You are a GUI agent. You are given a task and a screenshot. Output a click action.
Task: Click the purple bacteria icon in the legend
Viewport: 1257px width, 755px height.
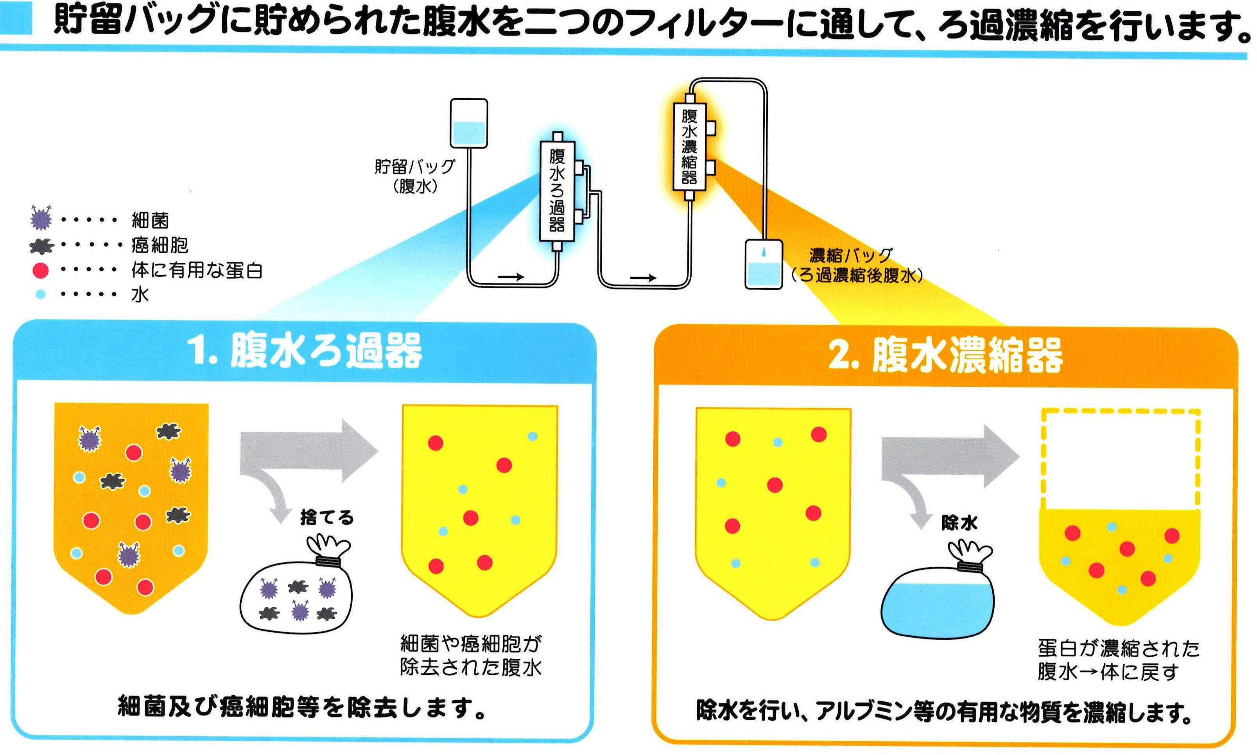(x=41, y=218)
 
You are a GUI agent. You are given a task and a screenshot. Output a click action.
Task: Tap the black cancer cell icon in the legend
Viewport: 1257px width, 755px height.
(x=41, y=246)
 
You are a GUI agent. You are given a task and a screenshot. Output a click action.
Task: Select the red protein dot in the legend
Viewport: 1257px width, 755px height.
(x=40, y=270)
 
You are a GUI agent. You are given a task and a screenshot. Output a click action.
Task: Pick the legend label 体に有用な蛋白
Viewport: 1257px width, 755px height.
(x=196, y=270)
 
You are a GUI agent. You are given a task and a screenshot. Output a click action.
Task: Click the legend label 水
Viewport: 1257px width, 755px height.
(x=140, y=294)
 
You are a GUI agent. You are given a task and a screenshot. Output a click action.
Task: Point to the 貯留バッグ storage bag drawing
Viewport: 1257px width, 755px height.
(x=468, y=124)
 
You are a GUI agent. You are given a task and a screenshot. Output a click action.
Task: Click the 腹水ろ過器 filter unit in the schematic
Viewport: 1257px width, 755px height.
(x=557, y=191)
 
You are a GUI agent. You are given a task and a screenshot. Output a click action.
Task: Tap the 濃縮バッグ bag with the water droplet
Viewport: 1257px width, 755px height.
(x=764, y=264)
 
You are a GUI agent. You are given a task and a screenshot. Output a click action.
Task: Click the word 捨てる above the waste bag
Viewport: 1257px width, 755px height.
(x=326, y=518)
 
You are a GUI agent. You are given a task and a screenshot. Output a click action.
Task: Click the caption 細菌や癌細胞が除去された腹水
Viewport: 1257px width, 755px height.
(x=471, y=656)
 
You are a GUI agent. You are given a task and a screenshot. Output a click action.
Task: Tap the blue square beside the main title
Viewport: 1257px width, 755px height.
(x=16, y=19)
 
